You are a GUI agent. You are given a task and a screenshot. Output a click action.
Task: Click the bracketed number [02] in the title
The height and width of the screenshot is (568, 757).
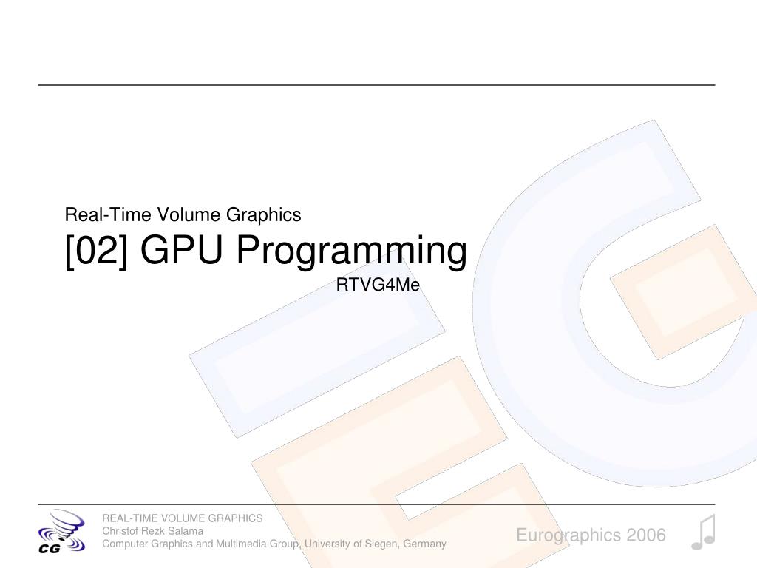(x=97, y=250)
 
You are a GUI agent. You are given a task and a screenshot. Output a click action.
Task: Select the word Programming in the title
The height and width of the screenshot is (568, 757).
(x=351, y=251)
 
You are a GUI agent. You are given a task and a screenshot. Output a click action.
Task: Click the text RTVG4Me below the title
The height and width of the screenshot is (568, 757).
(x=378, y=285)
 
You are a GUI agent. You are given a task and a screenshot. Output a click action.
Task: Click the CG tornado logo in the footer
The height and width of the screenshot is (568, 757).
(x=62, y=531)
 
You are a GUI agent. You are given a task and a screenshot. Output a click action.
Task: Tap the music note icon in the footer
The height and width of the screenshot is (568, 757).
(x=704, y=532)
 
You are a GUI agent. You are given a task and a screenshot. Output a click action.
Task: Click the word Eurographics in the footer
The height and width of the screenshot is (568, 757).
(x=568, y=535)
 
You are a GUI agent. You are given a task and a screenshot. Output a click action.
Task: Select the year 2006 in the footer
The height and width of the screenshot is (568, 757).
(x=646, y=535)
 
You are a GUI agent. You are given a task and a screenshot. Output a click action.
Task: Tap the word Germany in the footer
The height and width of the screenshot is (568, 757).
(x=425, y=544)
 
